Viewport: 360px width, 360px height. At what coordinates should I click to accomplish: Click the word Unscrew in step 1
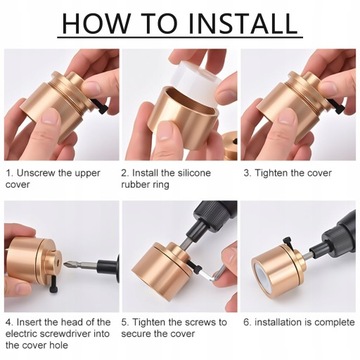(36, 173)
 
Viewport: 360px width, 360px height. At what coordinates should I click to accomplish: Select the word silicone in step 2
(190, 173)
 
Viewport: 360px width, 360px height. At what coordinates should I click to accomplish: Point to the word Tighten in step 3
(271, 173)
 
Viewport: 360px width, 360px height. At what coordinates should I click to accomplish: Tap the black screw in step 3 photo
(335, 106)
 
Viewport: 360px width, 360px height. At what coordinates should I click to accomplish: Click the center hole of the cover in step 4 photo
(57, 262)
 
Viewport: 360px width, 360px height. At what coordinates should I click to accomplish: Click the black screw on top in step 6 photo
(288, 242)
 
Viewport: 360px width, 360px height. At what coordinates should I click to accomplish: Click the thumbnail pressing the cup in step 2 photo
(165, 131)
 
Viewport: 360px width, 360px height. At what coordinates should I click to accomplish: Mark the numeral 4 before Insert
(9, 323)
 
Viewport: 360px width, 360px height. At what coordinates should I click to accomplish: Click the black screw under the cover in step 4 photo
(54, 285)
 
